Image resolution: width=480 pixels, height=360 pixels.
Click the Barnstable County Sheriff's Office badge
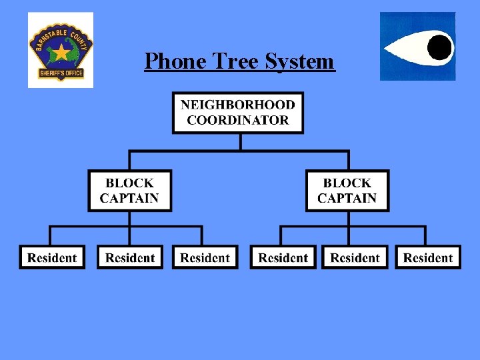61,51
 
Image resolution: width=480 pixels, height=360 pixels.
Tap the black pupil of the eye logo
439,46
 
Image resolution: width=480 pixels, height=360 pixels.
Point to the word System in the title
299,61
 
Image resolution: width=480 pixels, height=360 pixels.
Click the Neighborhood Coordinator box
238,113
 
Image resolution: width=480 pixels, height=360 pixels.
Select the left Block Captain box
129,191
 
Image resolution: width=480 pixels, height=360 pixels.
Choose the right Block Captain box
347,191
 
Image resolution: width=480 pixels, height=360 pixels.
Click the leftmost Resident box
53,258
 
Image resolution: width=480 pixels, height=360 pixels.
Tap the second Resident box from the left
130,258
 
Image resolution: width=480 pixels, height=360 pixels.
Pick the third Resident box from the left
205,258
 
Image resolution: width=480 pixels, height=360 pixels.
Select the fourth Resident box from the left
283,258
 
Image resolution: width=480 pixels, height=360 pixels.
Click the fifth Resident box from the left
355,258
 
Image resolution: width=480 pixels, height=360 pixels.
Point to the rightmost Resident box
428,258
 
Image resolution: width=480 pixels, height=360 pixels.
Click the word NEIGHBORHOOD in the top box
238,105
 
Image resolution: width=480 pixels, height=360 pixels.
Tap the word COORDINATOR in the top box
238,121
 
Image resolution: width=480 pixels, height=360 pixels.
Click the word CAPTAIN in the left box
129,198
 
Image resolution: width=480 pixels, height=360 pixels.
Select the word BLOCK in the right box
347,183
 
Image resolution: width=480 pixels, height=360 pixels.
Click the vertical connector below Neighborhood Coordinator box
240,142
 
